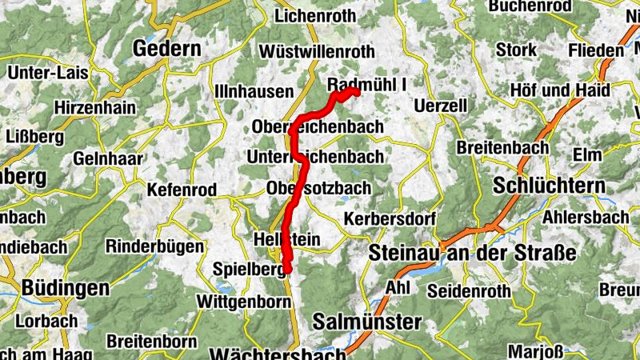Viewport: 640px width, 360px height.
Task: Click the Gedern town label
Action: point(166,49)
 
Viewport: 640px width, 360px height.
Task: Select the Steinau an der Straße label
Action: point(473,254)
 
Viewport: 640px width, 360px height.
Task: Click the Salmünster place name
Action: point(366,322)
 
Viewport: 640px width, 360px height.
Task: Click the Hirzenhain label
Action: point(92,106)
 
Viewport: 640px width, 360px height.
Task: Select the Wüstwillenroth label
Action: point(317,52)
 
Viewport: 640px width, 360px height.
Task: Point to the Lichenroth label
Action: point(314,15)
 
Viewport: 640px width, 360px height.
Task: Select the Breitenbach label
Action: point(502,147)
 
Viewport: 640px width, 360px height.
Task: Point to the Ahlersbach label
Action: point(586,218)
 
